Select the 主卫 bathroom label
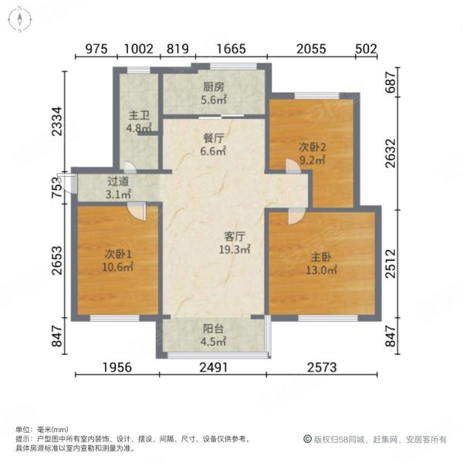[x=138, y=117]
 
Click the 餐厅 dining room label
[x=214, y=139]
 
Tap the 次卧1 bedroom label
[x=118, y=255]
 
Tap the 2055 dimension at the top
[x=312, y=49]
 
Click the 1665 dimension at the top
[x=231, y=49]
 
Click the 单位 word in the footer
[x=23, y=429]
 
